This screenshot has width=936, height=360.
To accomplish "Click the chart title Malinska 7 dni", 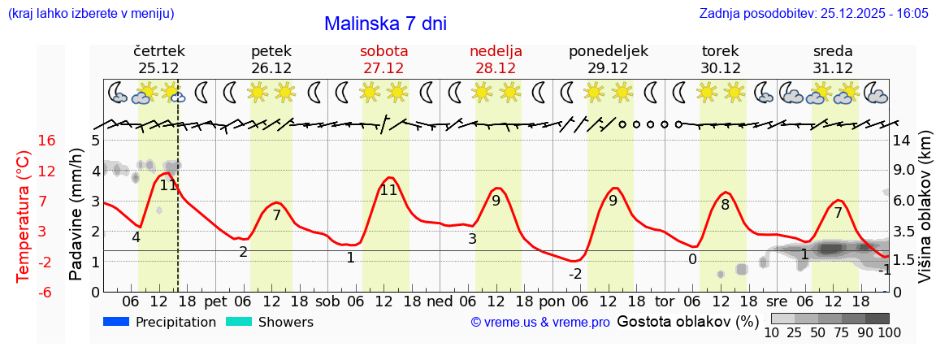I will [x=385, y=24].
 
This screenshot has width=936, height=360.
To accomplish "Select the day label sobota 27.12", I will [x=383, y=59].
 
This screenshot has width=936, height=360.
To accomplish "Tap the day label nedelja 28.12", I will [x=496, y=59].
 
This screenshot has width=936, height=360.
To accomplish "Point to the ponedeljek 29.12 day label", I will [x=608, y=59].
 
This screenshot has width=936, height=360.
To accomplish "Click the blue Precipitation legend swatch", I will [x=117, y=322].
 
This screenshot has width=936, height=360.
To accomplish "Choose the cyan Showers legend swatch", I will [x=239, y=322].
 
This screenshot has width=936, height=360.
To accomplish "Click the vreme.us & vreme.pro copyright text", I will [x=540, y=323].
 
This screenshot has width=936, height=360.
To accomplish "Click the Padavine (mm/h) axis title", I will [x=76, y=214].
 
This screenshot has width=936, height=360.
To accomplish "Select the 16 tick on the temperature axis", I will [x=46, y=141].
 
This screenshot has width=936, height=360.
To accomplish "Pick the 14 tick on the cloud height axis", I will [x=901, y=141].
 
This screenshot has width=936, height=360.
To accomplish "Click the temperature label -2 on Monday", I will [x=575, y=274].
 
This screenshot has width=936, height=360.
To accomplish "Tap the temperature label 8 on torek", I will [x=725, y=205].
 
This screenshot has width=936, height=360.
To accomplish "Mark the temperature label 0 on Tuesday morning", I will [x=692, y=259].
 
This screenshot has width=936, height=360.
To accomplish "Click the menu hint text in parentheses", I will [x=90, y=14].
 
